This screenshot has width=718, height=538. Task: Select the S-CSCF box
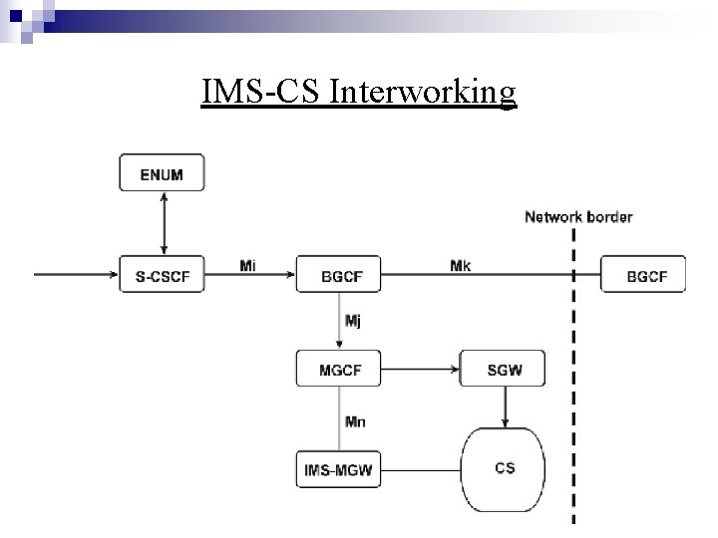click(x=162, y=274)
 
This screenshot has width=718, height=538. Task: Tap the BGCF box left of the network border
click(x=339, y=274)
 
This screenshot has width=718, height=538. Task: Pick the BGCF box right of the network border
click(x=643, y=274)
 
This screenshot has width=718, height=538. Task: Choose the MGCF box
click(x=339, y=370)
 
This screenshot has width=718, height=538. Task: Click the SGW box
click(x=504, y=370)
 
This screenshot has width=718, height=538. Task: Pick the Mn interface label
click(x=355, y=421)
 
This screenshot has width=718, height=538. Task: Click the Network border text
click(x=578, y=216)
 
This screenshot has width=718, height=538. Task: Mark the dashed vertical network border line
click(x=573, y=399)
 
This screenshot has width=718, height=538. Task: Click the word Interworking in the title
click(x=423, y=92)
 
